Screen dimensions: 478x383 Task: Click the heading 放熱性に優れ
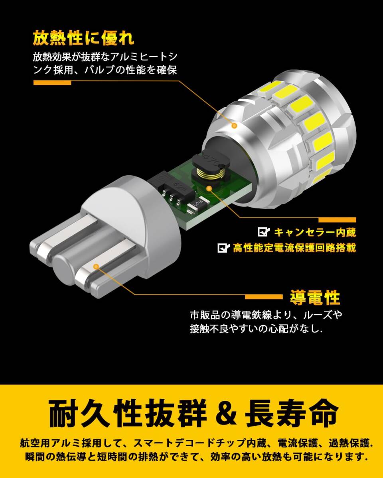[x=84, y=39]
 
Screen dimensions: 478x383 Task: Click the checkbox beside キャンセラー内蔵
[x=264, y=232]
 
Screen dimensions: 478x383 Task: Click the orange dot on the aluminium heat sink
[x=234, y=125]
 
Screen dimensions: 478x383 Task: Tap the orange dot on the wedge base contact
[x=96, y=266]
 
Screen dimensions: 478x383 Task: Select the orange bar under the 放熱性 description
[x=52, y=83]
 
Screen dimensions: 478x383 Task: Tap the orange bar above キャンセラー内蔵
[x=337, y=219]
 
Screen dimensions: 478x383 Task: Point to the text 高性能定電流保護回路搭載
[x=294, y=248]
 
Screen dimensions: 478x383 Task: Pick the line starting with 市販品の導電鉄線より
[x=266, y=315]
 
